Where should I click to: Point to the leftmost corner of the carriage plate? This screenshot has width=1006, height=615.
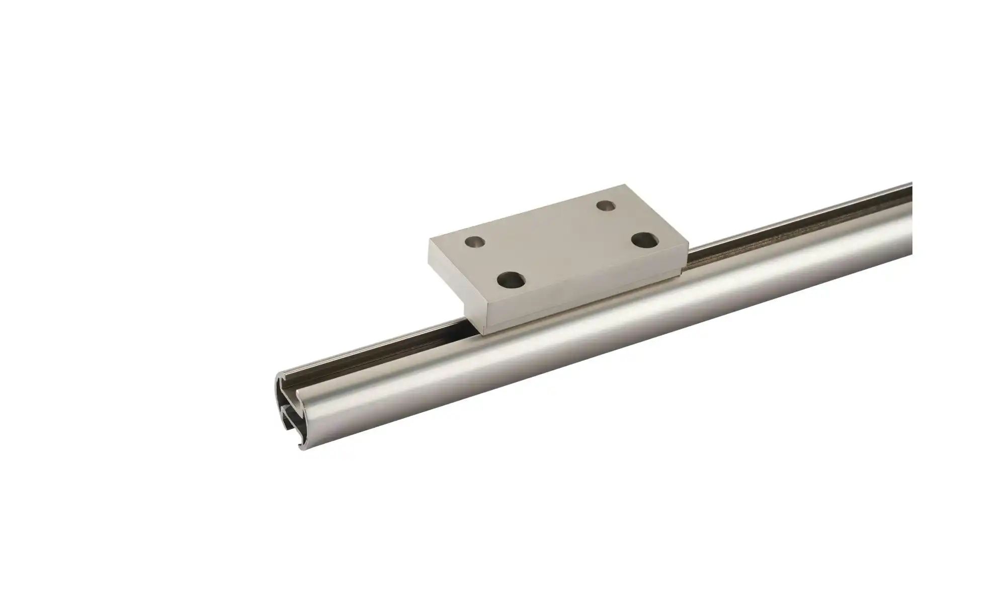coord(429,240)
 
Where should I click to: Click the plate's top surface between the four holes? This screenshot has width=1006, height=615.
coord(558,242)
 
